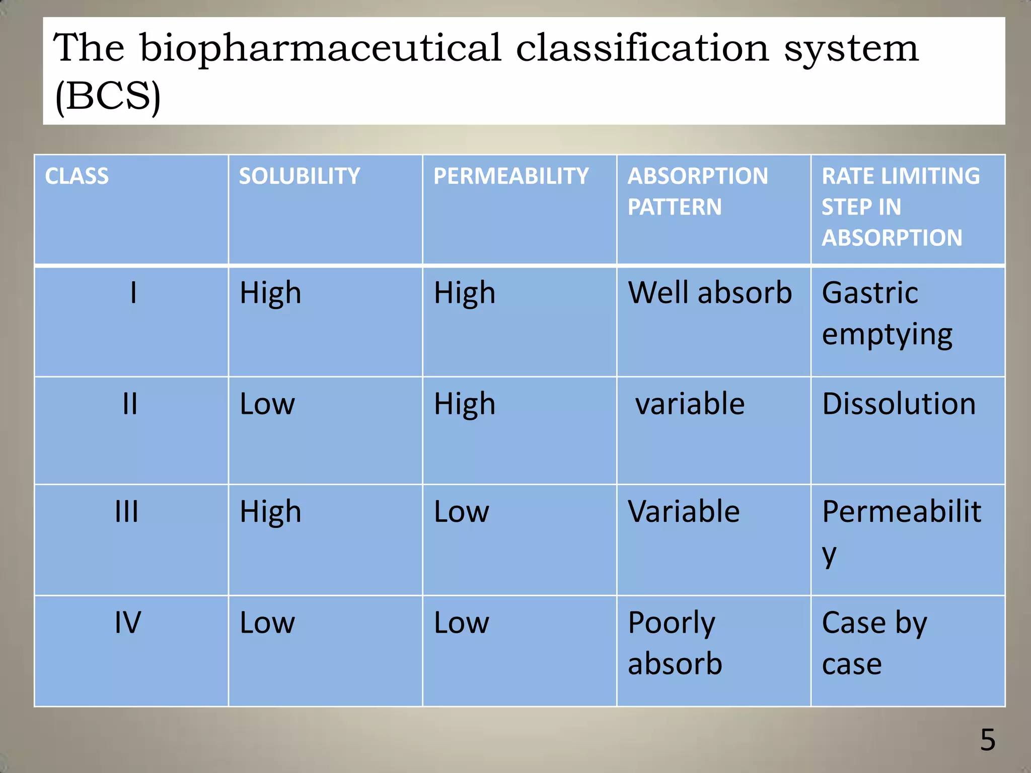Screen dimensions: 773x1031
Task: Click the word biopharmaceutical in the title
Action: click(x=320, y=49)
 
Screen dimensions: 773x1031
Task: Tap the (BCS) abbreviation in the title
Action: click(x=108, y=96)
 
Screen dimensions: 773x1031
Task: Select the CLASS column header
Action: click(x=77, y=176)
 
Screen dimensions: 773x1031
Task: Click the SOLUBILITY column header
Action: click(x=299, y=176)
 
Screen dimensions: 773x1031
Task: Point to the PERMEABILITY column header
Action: click(x=510, y=176)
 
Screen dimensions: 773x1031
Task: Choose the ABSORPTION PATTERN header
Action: click(x=697, y=191)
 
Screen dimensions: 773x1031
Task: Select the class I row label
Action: click(x=133, y=293)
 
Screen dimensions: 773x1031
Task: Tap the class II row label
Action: click(x=130, y=404)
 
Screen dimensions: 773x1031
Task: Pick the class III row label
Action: click(x=127, y=512)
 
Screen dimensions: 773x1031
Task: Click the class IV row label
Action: click(x=128, y=623)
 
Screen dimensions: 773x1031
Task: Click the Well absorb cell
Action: click(x=710, y=293)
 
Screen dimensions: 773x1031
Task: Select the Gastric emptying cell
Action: click(x=887, y=314)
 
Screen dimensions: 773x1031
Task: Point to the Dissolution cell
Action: click(x=899, y=404)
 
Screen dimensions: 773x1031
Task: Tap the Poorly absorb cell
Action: click(x=675, y=643)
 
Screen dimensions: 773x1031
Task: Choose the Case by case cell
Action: click(x=874, y=643)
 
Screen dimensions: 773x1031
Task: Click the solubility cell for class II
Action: click(x=267, y=404)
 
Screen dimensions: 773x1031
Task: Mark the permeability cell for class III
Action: click(x=461, y=512)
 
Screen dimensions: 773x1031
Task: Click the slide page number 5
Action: click(x=988, y=740)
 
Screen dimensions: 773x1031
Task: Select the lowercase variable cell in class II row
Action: click(x=690, y=404)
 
